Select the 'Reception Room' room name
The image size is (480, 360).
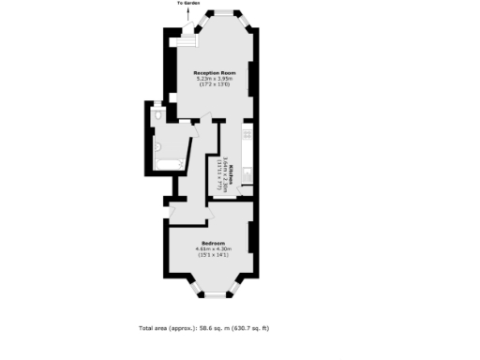[214, 72]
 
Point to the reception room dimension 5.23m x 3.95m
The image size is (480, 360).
[214, 79]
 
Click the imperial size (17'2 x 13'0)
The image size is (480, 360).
[214, 85]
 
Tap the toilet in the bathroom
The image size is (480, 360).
[158, 113]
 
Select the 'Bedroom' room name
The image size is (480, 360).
[212, 242]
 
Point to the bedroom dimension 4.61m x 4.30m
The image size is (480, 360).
[212, 248]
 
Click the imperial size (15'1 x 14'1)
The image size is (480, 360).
[212, 255]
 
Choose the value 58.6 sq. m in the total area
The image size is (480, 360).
[217, 329]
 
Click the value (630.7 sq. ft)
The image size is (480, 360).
[251, 329]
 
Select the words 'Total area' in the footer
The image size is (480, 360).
[154, 329]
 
